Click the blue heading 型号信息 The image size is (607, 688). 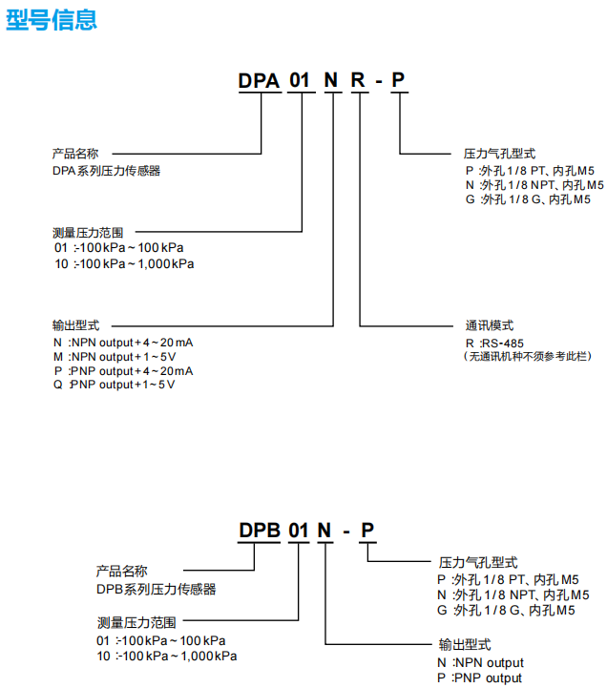[52, 19]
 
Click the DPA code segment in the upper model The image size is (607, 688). [259, 81]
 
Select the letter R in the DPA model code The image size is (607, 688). [358, 81]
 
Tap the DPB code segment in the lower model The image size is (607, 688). [258, 532]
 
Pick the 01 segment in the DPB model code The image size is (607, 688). [299, 532]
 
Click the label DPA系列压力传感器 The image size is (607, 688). [106, 171]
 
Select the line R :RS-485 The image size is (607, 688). [494, 343]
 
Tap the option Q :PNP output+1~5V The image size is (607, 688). [115, 385]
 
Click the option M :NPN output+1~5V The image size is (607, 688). [115, 356]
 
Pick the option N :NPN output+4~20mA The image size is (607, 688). [123, 342]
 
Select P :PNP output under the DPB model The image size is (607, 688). [480, 678]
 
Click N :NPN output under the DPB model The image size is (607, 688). [480, 662]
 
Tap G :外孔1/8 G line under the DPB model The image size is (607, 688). [506, 610]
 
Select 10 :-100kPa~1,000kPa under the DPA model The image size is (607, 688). [124, 263]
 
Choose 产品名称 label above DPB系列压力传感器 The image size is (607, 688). [121, 572]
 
